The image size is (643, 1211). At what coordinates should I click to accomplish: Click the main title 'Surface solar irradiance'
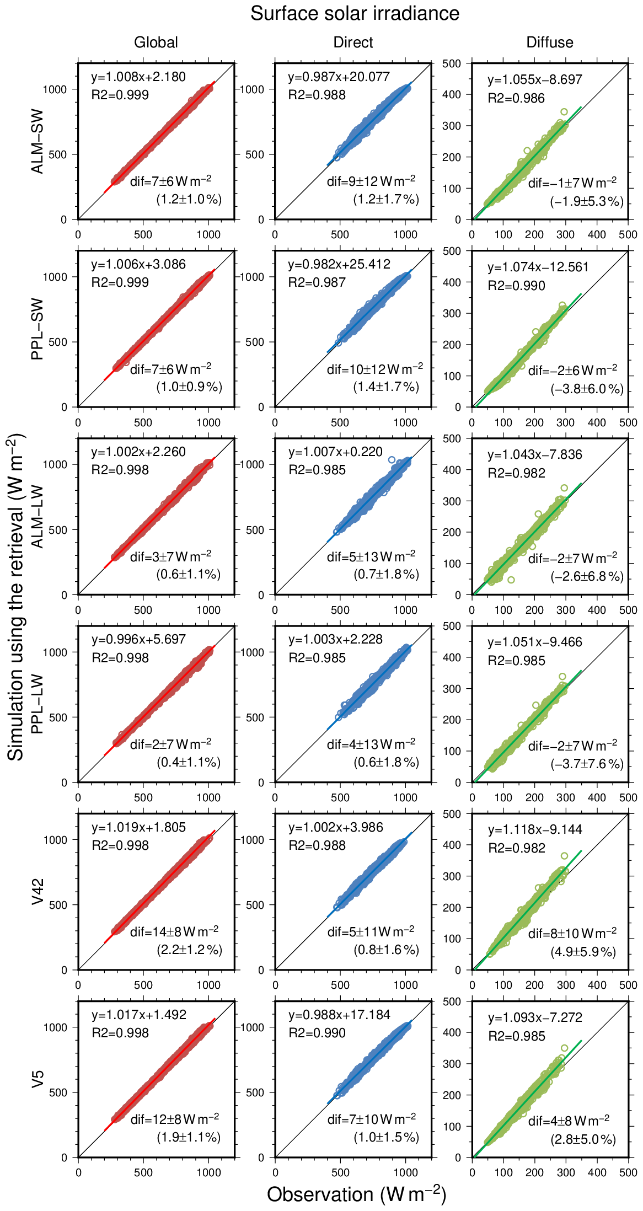point(355,13)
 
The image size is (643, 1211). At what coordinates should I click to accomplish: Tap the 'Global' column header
point(156,42)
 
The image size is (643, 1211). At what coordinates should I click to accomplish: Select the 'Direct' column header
point(353,42)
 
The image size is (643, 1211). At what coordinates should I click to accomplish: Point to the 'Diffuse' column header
point(550,42)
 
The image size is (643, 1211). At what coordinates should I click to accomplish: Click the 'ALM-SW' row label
point(37,142)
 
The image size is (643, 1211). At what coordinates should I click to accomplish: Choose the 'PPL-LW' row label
point(37,704)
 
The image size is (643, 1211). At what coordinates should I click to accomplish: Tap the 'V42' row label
point(37,892)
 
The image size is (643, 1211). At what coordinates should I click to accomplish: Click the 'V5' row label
point(37,1079)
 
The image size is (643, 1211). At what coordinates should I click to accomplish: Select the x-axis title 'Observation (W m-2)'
point(356,1194)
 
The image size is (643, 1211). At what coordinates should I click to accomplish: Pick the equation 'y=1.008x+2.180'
point(138,77)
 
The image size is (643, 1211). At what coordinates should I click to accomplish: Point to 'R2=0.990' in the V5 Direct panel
point(317,1033)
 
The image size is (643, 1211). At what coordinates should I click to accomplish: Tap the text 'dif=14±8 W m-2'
point(174,931)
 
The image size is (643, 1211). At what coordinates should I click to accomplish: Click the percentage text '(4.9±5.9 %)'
point(583,951)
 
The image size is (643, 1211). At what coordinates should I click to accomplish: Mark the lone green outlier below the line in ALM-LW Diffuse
point(511,580)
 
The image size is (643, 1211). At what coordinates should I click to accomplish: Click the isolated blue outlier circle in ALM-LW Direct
point(392,460)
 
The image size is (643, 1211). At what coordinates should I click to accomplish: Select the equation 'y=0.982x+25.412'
point(339,264)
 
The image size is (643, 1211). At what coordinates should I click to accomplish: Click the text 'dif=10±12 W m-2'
point(375,369)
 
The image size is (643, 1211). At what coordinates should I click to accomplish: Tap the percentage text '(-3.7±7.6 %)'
point(587,764)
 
